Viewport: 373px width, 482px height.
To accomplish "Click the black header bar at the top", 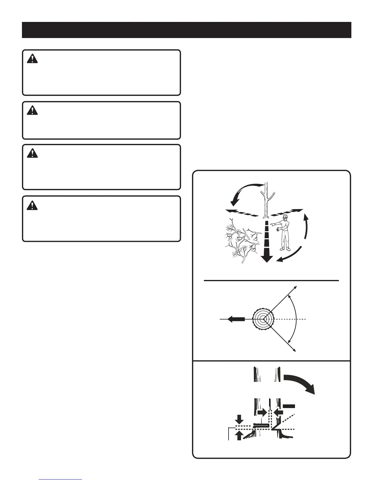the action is coord(187,30).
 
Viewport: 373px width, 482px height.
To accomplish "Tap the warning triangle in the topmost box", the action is coord(32,59).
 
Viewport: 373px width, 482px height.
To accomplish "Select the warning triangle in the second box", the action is coord(32,110).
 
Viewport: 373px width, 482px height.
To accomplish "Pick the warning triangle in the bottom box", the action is coord(32,206).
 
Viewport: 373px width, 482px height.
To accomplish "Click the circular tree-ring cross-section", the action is coord(263,319).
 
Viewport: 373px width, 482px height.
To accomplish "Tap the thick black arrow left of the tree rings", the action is coord(236,319).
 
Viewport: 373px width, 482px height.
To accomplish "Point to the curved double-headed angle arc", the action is coord(295,319).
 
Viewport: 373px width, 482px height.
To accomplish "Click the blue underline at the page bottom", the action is coord(61,480).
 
